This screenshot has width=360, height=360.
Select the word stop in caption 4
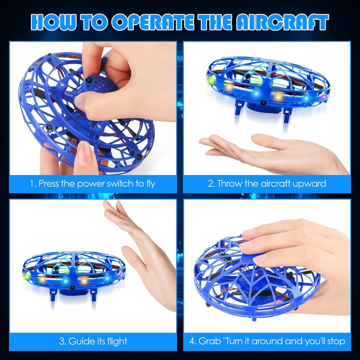[x=335, y=341]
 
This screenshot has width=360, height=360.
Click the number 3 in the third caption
[x=62, y=341]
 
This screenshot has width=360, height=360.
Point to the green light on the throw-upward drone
[x=211, y=82]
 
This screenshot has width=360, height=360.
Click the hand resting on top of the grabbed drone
[x=288, y=243]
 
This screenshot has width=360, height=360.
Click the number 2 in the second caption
[x=211, y=183]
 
